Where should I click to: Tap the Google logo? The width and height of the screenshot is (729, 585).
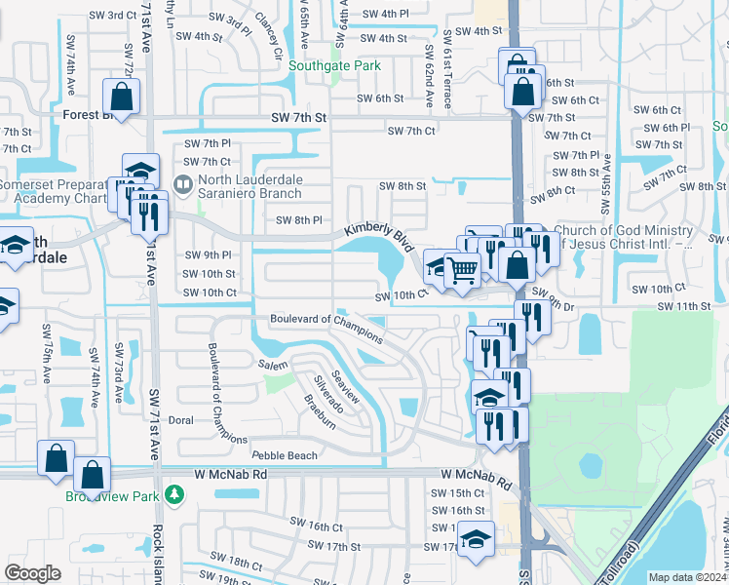(x=32, y=573)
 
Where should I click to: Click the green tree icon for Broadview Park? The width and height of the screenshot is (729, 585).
(x=174, y=494)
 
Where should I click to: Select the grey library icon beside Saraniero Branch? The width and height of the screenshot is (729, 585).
(x=182, y=183)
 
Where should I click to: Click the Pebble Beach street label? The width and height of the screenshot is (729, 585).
(x=284, y=455)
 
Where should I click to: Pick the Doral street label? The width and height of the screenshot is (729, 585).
(x=181, y=421)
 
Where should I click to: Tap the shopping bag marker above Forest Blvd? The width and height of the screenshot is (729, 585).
(x=123, y=97)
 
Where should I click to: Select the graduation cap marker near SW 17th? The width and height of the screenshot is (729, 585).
(x=475, y=538)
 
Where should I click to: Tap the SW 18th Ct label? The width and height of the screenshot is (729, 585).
(x=229, y=563)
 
